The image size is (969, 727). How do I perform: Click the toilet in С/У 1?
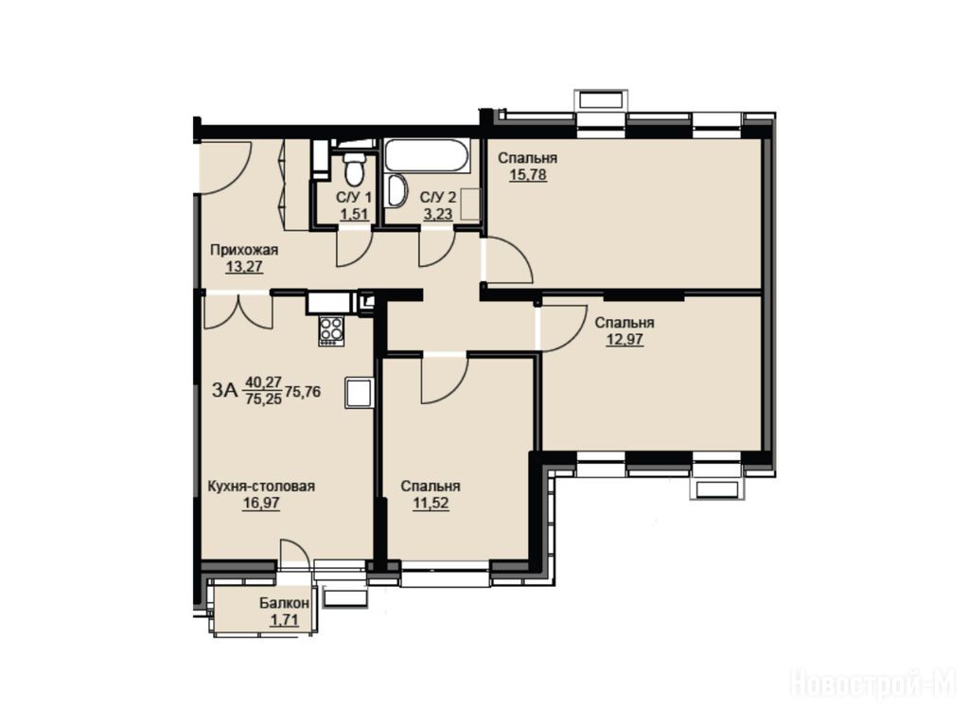point(354,168)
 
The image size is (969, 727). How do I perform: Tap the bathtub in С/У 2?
point(427,156)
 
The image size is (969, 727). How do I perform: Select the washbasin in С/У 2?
point(395,191)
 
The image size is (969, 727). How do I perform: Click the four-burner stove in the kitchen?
point(331,329)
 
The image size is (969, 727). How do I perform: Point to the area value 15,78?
point(528,175)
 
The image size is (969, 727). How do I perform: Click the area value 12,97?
point(625,340)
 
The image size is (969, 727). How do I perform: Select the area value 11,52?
point(431,504)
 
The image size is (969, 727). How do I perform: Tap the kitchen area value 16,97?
point(261,504)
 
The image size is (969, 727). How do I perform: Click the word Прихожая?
point(244,250)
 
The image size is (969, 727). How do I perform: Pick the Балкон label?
point(284,603)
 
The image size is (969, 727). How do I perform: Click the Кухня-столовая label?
point(261,487)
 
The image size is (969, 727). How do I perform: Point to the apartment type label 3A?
point(224,391)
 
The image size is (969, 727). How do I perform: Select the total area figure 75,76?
point(303,391)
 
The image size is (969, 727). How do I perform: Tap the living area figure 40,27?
point(264,382)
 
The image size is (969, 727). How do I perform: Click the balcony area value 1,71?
point(284,619)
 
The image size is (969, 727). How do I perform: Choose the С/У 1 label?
point(354,198)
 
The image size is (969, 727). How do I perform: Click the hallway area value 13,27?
point(244,267)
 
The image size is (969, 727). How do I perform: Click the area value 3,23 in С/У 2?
point(437,214)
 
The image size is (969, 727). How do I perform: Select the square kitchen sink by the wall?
point(359,393)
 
